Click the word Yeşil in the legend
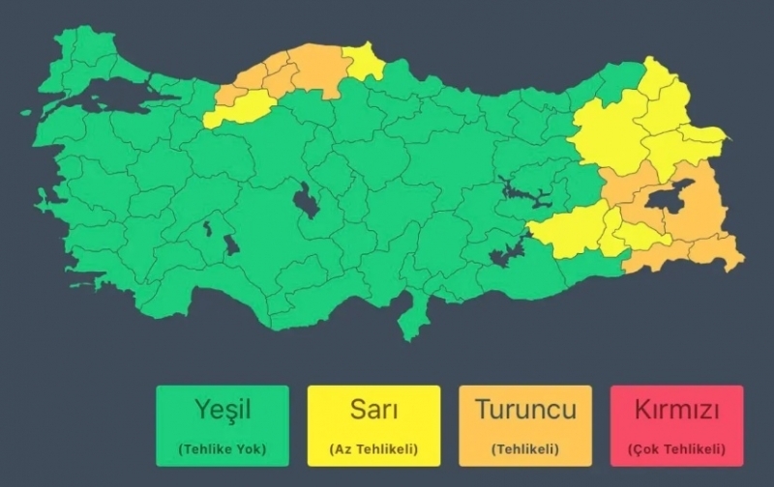(223, 410)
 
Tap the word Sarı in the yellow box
(373, 409)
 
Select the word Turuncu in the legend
(525, 409)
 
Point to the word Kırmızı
(676, 410)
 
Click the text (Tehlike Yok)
(223, 448)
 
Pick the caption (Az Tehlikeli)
(373, 448)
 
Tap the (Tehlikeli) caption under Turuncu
(525, 448)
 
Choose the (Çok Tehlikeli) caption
(676, 448)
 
